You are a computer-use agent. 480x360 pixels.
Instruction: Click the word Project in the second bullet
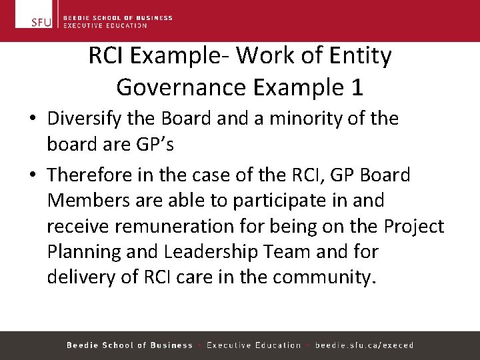click(x=414, y=227)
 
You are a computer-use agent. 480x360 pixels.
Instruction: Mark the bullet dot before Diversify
click(x=32, y=119)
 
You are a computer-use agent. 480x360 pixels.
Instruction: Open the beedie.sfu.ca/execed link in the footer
click(x=364, y=345)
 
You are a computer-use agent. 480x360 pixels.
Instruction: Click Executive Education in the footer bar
click(x=253, y=345)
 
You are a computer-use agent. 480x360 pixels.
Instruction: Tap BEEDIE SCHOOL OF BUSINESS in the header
click(x=117, y=18)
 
